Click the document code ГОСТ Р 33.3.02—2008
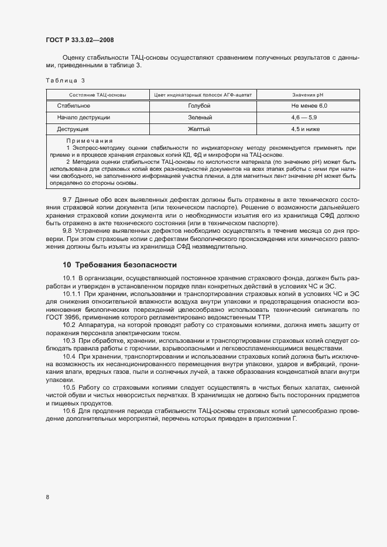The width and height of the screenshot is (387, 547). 80,40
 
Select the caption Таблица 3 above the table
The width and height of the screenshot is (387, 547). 65,80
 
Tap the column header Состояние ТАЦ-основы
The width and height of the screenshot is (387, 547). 97,94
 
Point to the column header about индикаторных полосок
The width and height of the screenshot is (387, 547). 202,94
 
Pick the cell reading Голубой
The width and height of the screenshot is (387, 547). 199,106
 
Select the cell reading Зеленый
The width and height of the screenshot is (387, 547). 199,118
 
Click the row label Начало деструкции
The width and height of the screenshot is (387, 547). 83,118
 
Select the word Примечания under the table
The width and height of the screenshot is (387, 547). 89,141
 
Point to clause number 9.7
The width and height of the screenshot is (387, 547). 67,201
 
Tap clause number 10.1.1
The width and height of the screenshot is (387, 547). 72,294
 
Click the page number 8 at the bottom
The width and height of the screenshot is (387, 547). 47,497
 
